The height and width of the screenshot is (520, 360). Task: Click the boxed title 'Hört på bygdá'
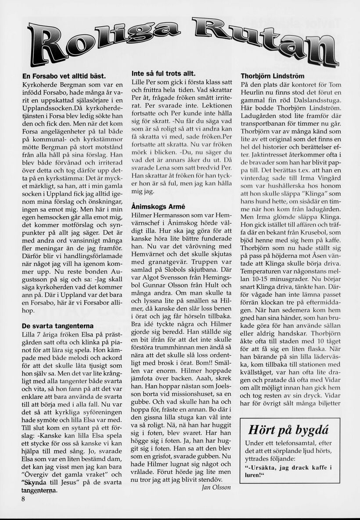click(x=288, y=430)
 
